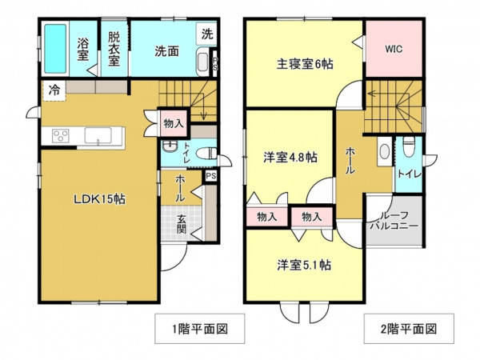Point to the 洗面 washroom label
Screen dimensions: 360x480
(166, 50)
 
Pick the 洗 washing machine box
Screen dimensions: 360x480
(206, 34)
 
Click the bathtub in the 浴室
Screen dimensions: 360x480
(55, 48)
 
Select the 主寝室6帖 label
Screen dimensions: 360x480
(304, 65)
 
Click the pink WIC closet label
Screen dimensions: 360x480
(393, 49)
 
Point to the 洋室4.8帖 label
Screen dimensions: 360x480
(290, 158)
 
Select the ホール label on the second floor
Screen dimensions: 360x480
(350, 160)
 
